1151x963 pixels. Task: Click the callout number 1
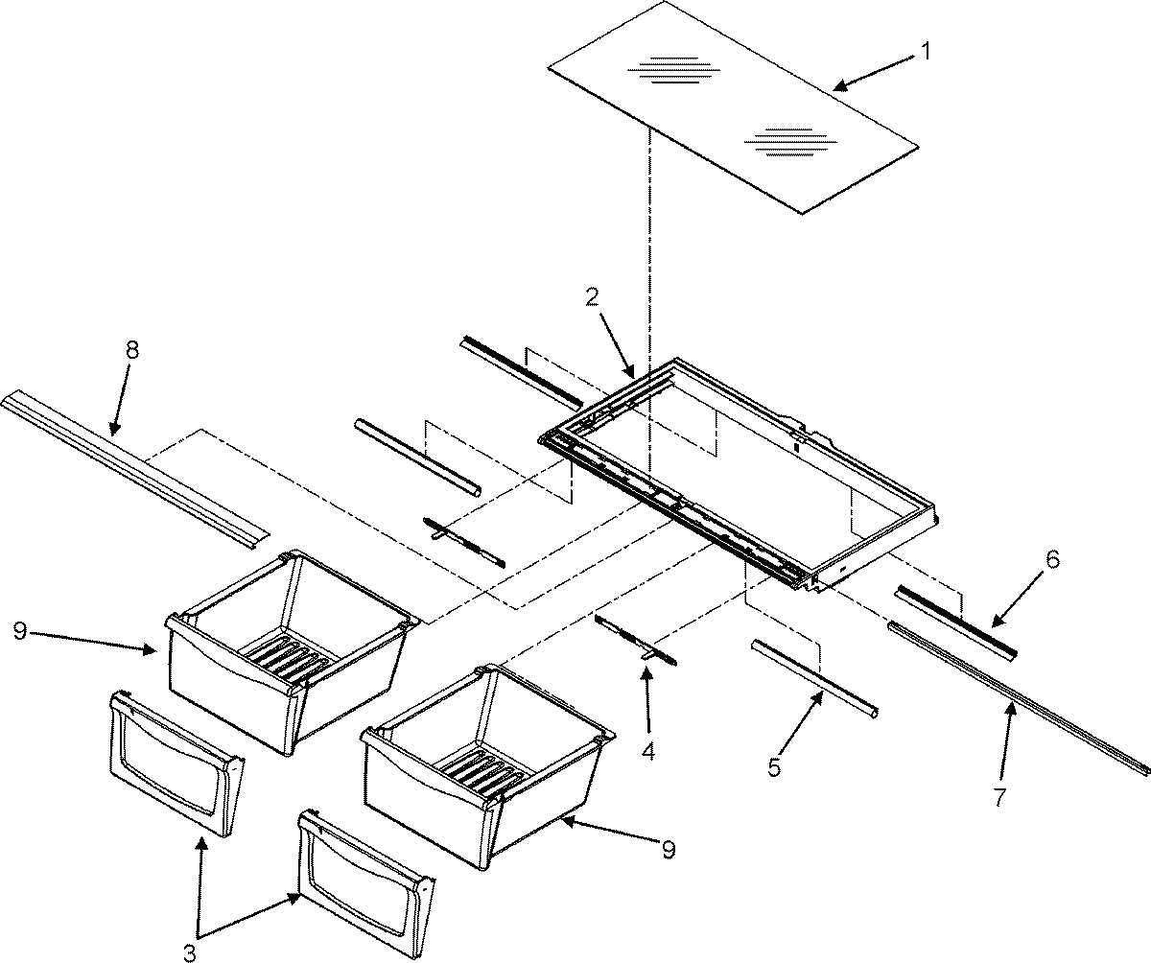926,53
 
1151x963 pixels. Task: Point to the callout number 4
648,752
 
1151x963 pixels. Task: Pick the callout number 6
1052,561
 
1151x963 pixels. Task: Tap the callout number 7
1000,796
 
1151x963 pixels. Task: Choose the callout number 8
131,350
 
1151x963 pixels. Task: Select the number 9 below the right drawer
669,849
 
